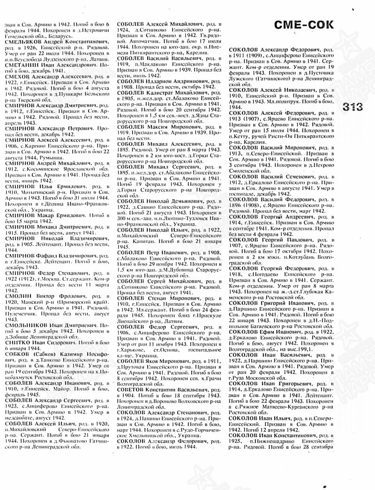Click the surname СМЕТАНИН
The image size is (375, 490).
point(21,65)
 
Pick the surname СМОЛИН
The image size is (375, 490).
point(17,296)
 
